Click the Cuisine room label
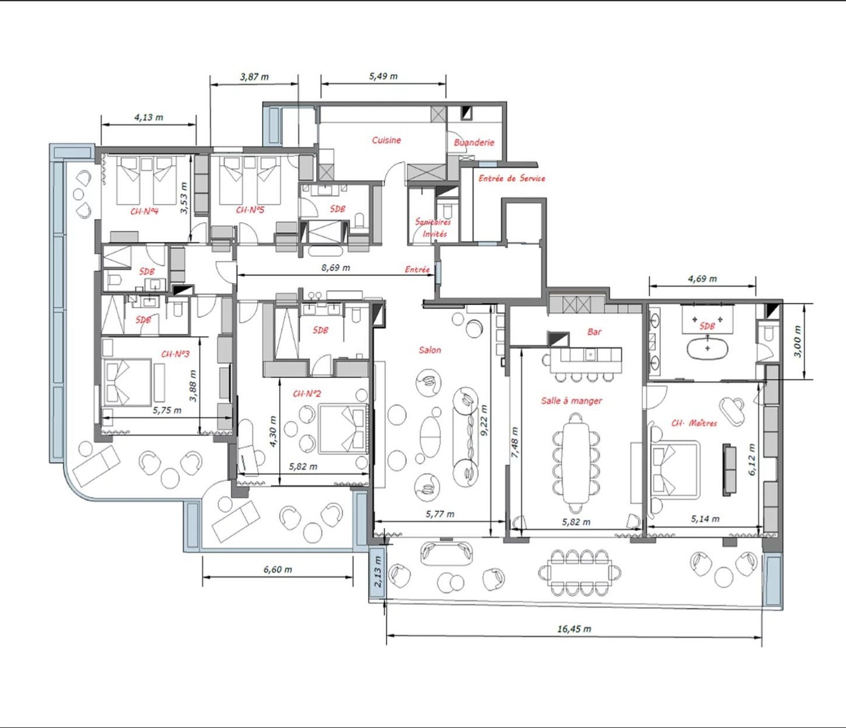point(387,140)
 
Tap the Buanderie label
point(474,143)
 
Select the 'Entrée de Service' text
point(512,178)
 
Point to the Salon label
point(430,350)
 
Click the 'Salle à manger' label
point(571,400)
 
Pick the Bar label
point(594,331)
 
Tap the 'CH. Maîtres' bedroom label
point(694,423)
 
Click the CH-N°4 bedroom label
point(144,212)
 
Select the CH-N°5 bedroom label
point(250,210)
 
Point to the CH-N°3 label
point(175,354)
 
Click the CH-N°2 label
point(307,394)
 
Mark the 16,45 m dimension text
point(574,629)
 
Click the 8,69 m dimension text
point(336,268)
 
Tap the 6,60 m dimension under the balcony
point(278,569)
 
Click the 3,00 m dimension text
point(797,342)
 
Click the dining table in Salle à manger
point(577,463)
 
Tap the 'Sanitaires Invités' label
point(433,228)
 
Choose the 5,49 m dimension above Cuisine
point(383,76)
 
